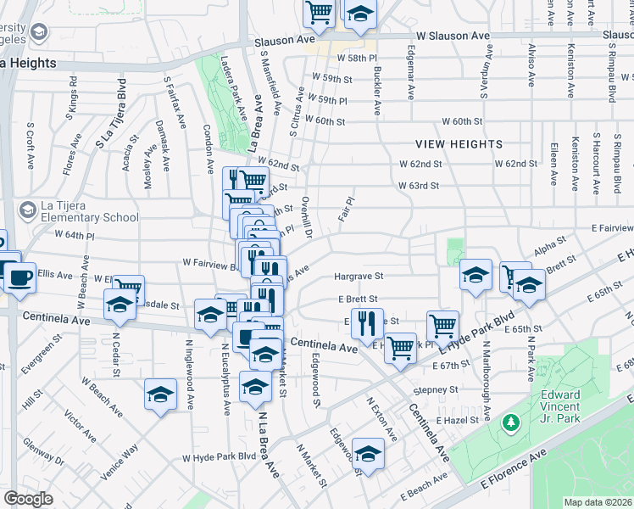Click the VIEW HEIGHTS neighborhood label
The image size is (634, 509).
pyautogui.click(x=459, y=144)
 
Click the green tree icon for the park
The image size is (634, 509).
pyautogui.click(x=510, y=422)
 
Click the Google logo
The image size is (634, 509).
pyautogui.click(x=28, y=499)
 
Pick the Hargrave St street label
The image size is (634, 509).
pyautogui.click(x=359, y=277)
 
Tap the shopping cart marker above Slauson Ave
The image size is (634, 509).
pyautogui.click(x=319, y=12)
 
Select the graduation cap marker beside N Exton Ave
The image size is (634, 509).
pyautogui.click(x=368, y=454)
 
